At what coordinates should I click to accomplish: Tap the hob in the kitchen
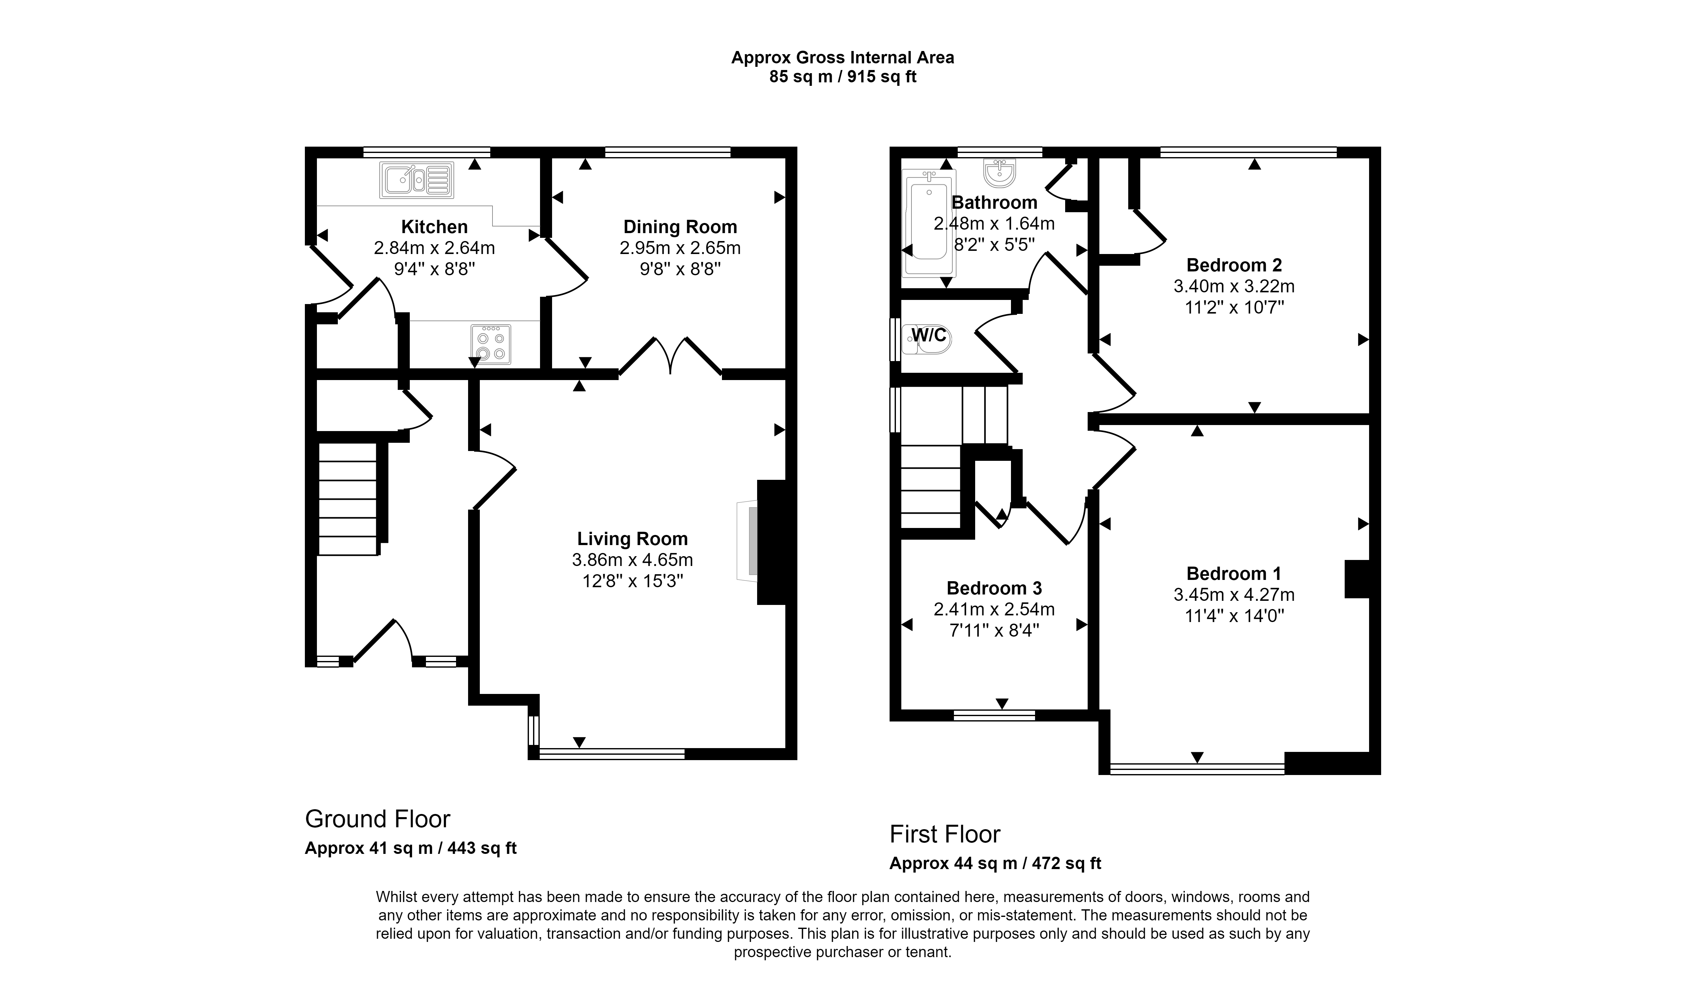click(490, 344)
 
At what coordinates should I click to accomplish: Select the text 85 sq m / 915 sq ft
click(842, 77)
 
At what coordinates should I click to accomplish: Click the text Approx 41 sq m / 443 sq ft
click(411, 848)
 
